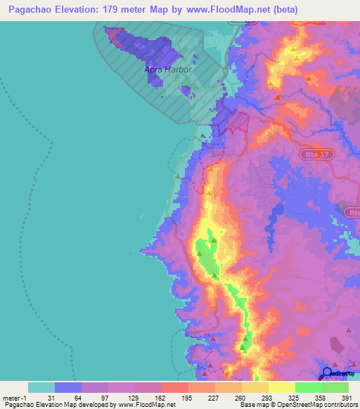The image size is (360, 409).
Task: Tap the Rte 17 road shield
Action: click(322, 154)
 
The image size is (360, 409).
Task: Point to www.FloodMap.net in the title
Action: click(237, 10)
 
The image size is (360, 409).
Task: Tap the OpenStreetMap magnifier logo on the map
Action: click(326, 373)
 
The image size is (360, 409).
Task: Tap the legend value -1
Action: click(25, 398)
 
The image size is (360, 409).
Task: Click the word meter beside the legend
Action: click(12, 398)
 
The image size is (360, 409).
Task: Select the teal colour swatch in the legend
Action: click(41, 387)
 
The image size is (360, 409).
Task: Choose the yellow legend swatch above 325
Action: click(281, 387)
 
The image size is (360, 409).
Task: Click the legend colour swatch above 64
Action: click(67, 387)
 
